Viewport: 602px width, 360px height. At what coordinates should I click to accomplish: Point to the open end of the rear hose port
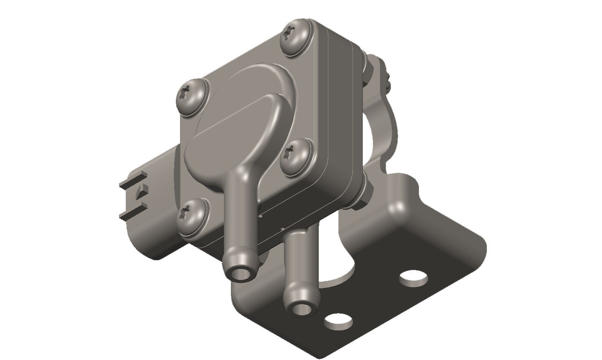[302, 308]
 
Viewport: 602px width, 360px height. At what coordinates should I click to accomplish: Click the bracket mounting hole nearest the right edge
[414, 279]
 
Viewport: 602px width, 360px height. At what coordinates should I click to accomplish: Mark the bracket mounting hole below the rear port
[337, 321]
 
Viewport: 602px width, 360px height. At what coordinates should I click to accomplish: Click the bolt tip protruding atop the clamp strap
[387, 78]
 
